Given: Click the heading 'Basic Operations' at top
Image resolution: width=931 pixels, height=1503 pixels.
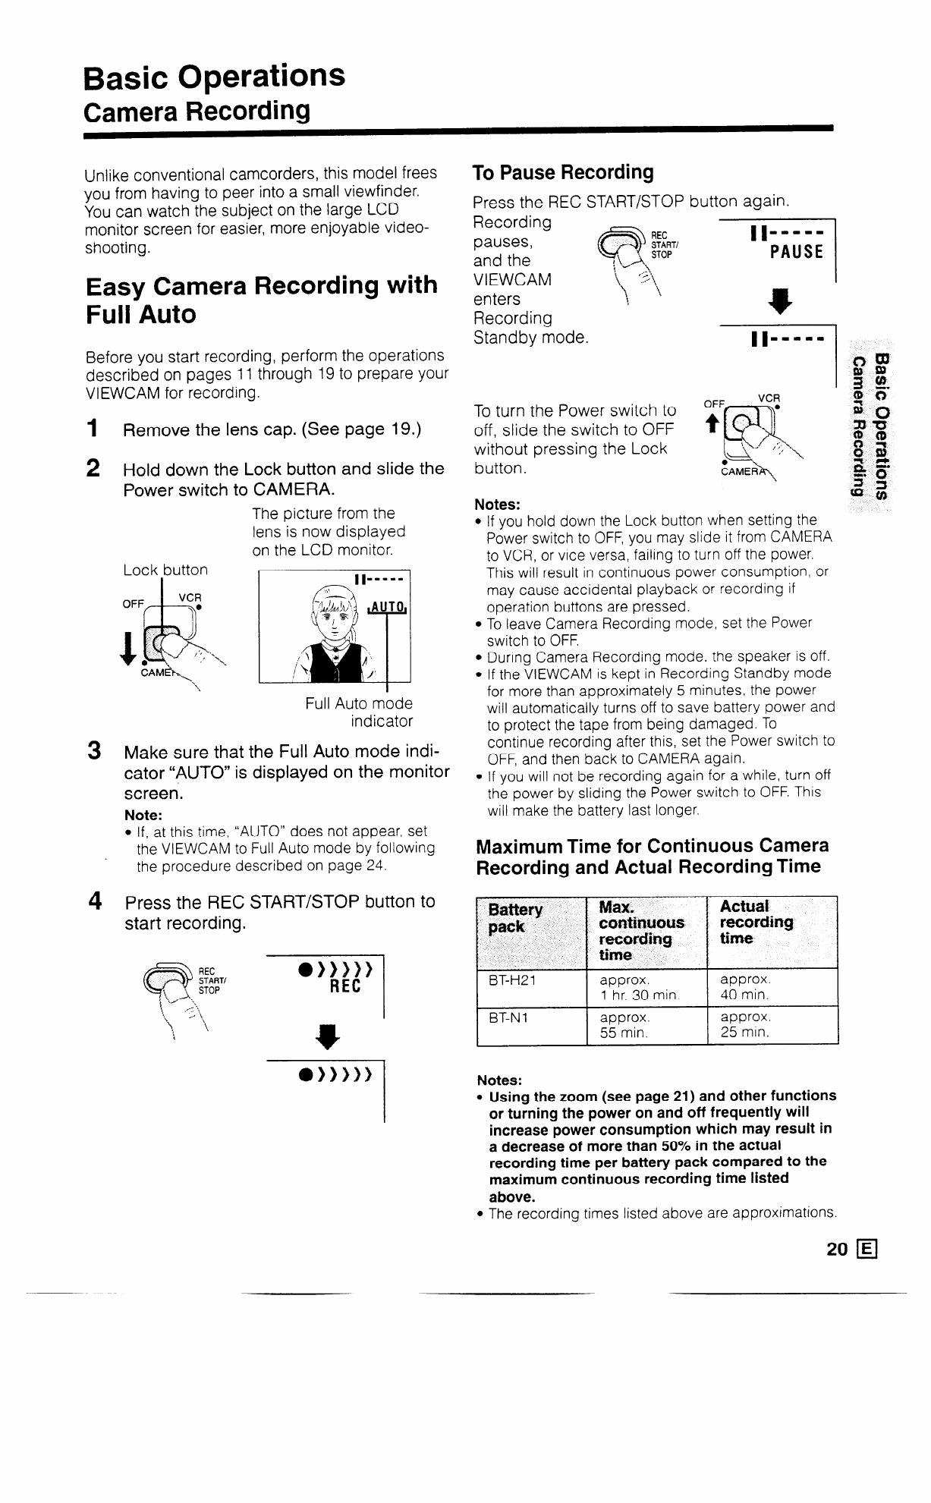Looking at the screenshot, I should (x=215, y=76).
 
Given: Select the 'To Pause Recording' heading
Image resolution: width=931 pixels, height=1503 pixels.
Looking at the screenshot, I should (x=562, y=172).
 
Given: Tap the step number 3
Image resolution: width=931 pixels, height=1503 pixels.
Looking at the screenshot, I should (x=95, y=751).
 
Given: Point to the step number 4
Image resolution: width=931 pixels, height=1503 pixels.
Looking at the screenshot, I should (x=95, y=901).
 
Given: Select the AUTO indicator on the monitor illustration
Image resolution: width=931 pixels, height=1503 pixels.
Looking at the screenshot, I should (x=388, y=607).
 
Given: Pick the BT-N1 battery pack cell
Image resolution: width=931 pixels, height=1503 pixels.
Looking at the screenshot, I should (x=509, y=1017).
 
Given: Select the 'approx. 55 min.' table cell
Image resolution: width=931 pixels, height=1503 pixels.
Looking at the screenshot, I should (x=624, y=1024).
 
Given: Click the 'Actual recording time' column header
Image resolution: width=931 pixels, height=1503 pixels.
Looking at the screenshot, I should (x=756, y=922).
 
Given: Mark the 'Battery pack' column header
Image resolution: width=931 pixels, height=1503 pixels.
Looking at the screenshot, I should (x=515, y=918).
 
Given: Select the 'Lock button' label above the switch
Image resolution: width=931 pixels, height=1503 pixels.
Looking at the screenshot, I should (x=165, y=569).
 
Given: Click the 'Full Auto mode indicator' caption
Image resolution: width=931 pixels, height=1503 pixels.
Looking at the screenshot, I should (x=359, y=712).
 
